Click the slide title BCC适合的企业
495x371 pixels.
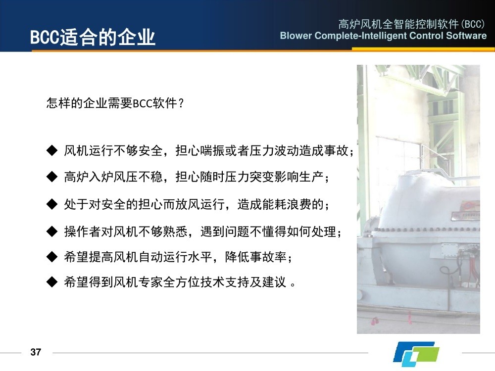(x=93, y=37)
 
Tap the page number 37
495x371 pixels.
(x=36, y=352)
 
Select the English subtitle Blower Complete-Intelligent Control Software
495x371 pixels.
(x=383, y=36)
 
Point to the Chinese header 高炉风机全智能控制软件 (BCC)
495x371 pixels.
(x=411, y=24)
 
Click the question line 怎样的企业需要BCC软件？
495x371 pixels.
(x=115, y=103)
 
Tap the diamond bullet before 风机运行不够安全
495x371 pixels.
(x=52, y=150)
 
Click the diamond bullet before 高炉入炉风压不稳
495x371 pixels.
(x=52, y=177)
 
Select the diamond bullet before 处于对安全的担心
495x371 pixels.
(x=52, y=204)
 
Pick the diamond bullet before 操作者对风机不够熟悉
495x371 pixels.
(x=52, y=232)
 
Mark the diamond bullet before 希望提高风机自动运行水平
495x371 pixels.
(x=52, y=257)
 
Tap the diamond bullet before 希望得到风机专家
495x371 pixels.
(x=52, y=282)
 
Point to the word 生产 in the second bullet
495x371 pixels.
(x=311, y=177)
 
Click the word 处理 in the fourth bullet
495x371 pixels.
(x=324, y=232)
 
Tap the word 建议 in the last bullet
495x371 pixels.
(x=274, y=282)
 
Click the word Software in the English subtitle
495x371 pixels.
(x=466, y=35)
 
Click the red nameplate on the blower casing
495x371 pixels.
(x=469, y=206)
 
